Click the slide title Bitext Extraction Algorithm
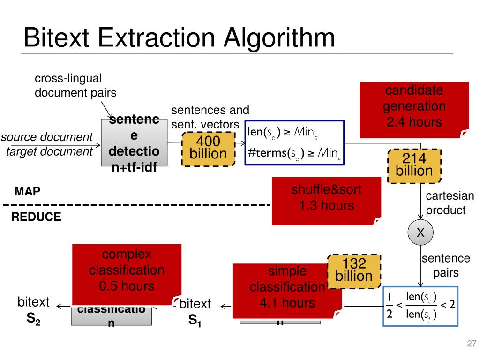click(x=179, y=37)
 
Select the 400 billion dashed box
click(x=208, y=148)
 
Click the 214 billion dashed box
click(x=414, y=165)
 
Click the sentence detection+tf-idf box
click(x=134, y=143)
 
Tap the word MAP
click(x=27, y=191)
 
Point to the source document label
click(x=47, y=137)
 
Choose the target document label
click(x=49, y=151)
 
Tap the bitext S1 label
click(x=195, y=312)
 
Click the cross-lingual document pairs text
click(x=75, y=85)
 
